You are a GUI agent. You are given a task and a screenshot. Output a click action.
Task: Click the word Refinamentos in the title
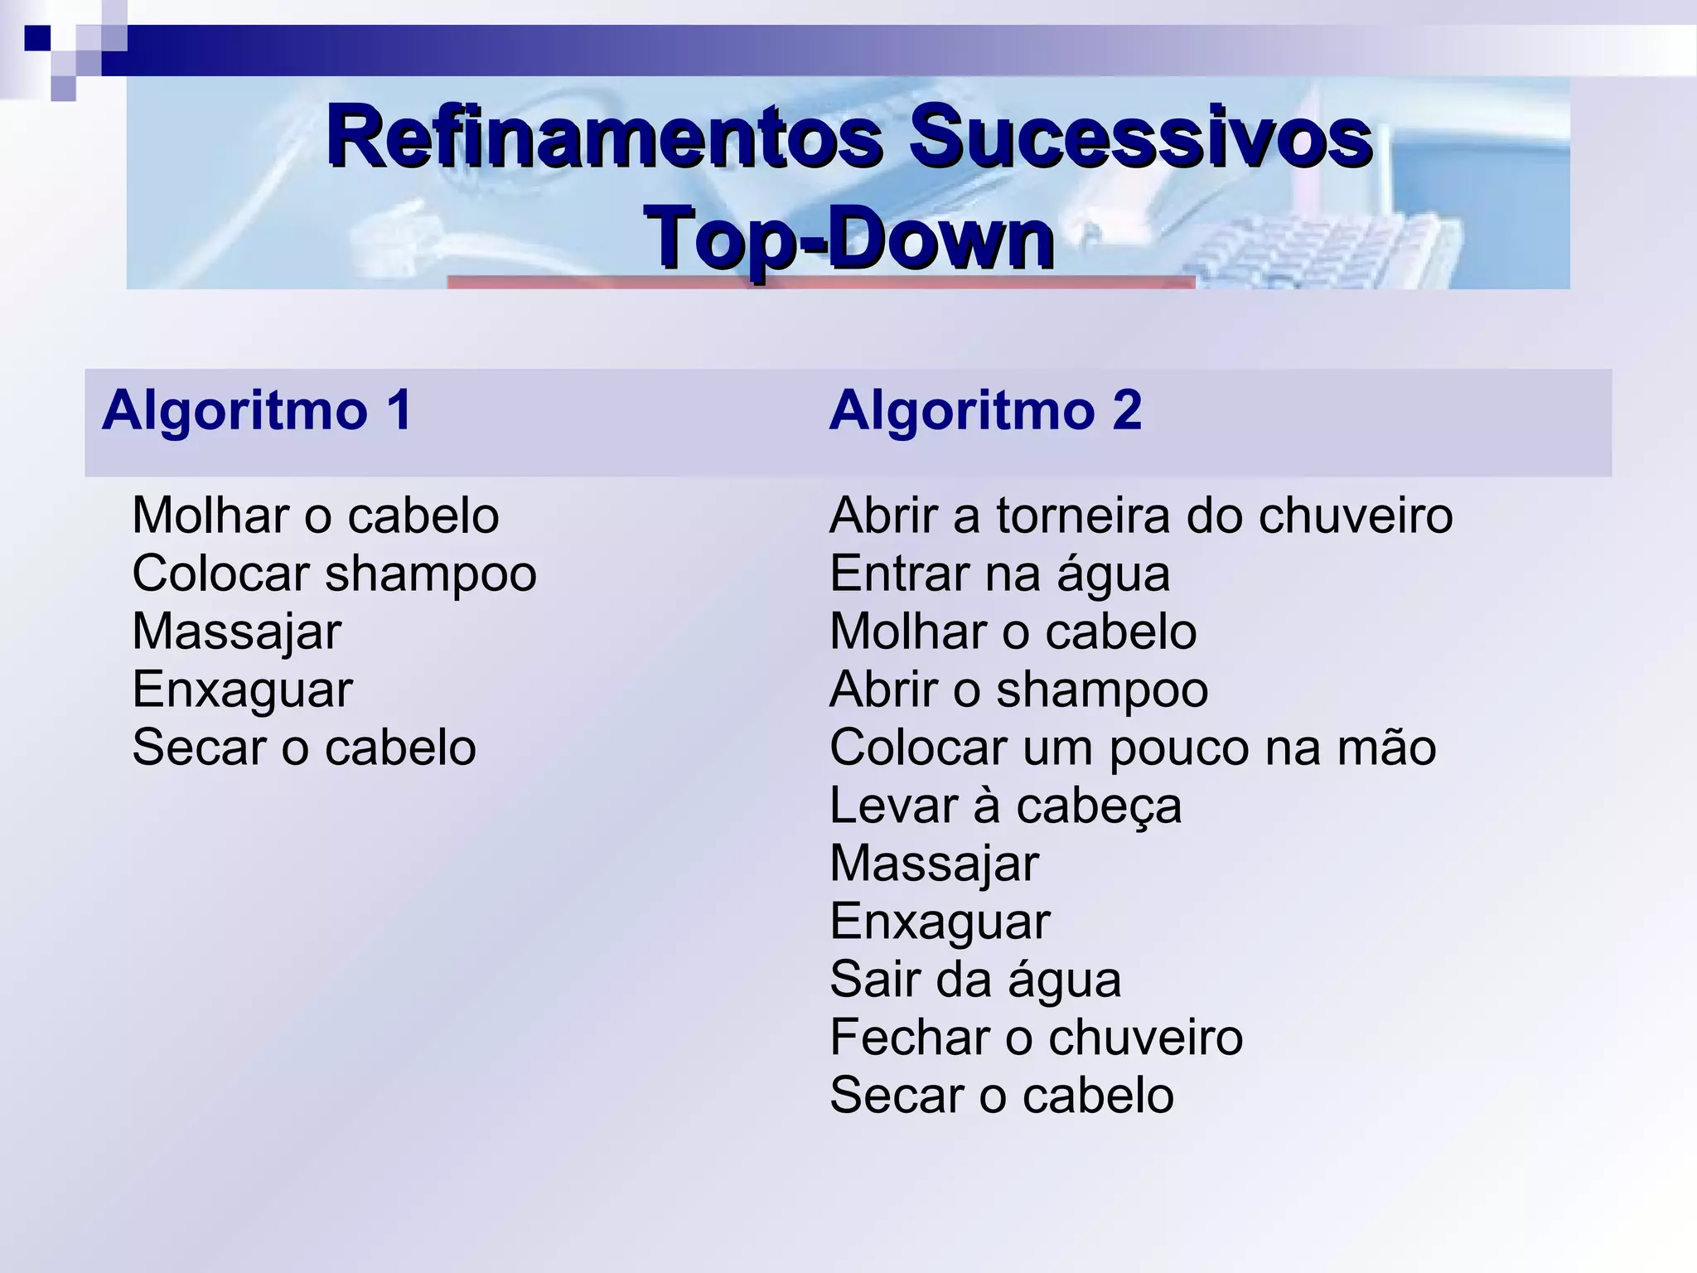coord(603,137)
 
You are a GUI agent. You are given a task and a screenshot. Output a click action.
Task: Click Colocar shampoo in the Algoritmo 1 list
coord(334,574)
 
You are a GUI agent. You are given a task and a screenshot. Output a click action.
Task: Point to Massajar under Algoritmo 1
coord(236,632)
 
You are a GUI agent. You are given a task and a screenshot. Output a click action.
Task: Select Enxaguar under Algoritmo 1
coord(242,690)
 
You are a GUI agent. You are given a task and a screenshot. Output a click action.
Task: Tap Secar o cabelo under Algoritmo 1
coord(304,748)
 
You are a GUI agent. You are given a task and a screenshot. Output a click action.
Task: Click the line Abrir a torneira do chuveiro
coord(1141,515)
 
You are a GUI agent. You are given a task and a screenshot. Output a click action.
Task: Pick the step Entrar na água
coord(999,574)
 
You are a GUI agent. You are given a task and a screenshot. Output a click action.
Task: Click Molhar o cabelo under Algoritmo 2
coord(1013,632)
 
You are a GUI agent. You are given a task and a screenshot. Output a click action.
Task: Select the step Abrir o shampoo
coord(1018,690)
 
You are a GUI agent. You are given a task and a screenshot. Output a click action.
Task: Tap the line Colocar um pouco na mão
coord(1133,748)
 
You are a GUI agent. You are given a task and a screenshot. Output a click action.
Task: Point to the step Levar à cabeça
coord(1005,806)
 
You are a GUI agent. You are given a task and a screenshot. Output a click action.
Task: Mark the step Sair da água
coord(975,980)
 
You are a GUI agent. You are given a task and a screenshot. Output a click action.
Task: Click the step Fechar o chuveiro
coord(1036,1038)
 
